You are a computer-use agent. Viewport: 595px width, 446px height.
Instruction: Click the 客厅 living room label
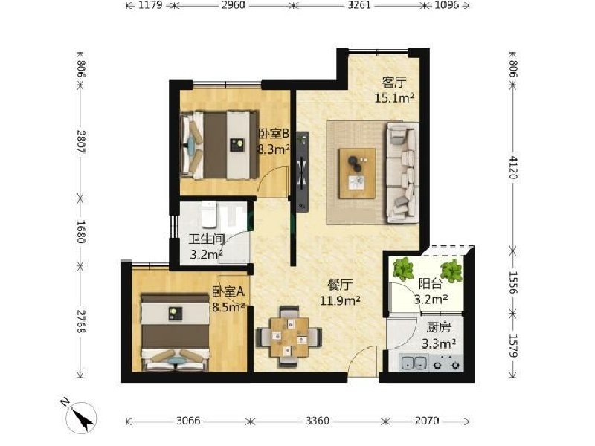(x=394, y=83)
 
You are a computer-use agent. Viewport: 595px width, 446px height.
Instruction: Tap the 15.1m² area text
(x=394, y=98)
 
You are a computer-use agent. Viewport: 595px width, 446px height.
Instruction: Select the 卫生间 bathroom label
(x=207, y=239)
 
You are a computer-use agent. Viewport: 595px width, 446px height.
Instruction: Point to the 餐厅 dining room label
(x=340, y=285)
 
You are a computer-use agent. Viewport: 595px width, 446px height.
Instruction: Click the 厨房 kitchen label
(x=438, y=328)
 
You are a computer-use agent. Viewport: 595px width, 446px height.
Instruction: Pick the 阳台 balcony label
(x=431, y=284)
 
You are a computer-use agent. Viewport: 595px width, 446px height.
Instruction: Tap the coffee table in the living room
(x=358, y=173)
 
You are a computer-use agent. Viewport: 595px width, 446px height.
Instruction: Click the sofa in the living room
(x=402, y=172)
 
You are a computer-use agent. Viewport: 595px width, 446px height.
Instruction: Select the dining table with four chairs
(x=289, y=337)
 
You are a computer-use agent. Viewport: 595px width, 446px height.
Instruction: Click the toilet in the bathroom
(x=209, y=214)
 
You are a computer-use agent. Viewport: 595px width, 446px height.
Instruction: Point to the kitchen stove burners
(x=447, y=363)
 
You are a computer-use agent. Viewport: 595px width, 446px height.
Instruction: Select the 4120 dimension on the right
(x=512, y=167)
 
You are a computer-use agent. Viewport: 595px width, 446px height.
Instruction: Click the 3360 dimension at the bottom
(x=318, y=421)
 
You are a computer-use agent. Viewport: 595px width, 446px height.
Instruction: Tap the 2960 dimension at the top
(x=234, y=5)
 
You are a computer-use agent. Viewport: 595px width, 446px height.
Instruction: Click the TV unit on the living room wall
(x=302, y=172)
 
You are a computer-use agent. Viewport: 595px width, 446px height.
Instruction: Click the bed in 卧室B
(x=219, y=144)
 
